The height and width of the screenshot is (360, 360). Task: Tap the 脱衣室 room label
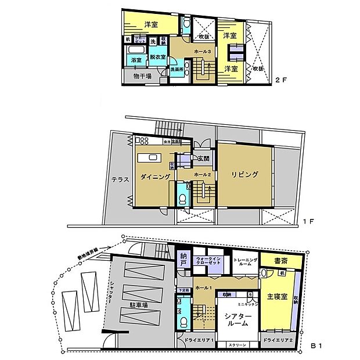tap(157, 57)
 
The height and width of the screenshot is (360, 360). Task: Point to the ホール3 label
tap(202, 52)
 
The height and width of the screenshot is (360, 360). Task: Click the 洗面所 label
tap(177, 69)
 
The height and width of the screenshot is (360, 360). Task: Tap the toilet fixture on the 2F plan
tap(186, 24)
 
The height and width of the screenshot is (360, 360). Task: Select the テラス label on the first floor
tap(120, 179)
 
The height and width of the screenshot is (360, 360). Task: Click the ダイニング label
tap(154, 177)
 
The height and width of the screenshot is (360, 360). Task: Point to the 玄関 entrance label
tap(203, 159)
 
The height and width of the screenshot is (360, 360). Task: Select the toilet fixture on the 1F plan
tap(182, 198)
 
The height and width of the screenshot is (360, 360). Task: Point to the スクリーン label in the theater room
tap(237, 345)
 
